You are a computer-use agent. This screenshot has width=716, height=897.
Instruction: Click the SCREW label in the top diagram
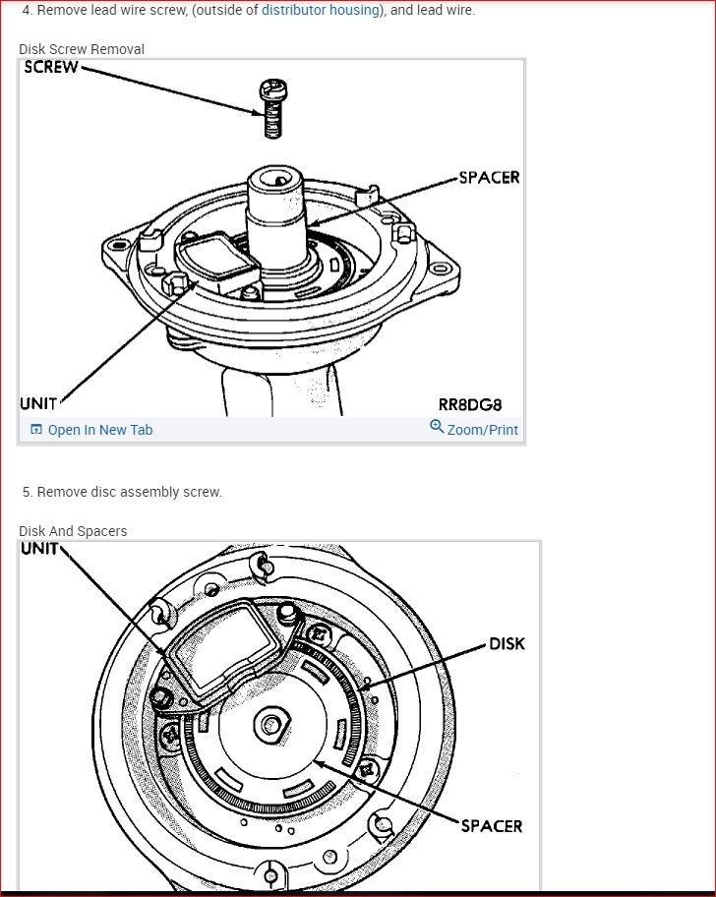coord(50,68)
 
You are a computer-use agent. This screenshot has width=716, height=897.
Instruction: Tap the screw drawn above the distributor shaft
coord(271,108)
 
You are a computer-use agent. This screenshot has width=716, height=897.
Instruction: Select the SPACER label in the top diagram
coord(489,178)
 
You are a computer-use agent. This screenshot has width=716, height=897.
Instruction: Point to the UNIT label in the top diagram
coord(38,403)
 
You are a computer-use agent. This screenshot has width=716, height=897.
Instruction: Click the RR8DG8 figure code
coord(470,404)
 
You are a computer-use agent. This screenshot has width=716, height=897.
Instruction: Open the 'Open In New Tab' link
coord(99,430)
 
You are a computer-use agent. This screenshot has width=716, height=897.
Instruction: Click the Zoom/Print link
coord(482,430)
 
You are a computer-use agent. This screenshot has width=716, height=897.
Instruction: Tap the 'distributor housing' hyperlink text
coord(321,10)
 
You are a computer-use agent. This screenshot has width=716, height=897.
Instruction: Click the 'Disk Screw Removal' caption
coord(82,49)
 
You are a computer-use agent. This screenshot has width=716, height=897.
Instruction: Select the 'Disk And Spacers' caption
coord(73,531)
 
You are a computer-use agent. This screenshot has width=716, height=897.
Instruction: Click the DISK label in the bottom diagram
coord(507,644)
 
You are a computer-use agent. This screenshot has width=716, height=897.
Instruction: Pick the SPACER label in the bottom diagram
coord(492,826)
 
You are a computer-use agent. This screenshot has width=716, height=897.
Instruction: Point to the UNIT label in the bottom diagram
coord(39,549)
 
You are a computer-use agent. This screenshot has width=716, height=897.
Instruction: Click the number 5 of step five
coord(27,492)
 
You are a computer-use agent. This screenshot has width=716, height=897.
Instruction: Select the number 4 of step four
coord(27,10)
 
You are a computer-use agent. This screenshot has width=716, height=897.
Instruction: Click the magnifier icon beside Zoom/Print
coord(437,427)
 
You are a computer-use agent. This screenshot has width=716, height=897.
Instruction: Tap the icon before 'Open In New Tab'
coord(36,430)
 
